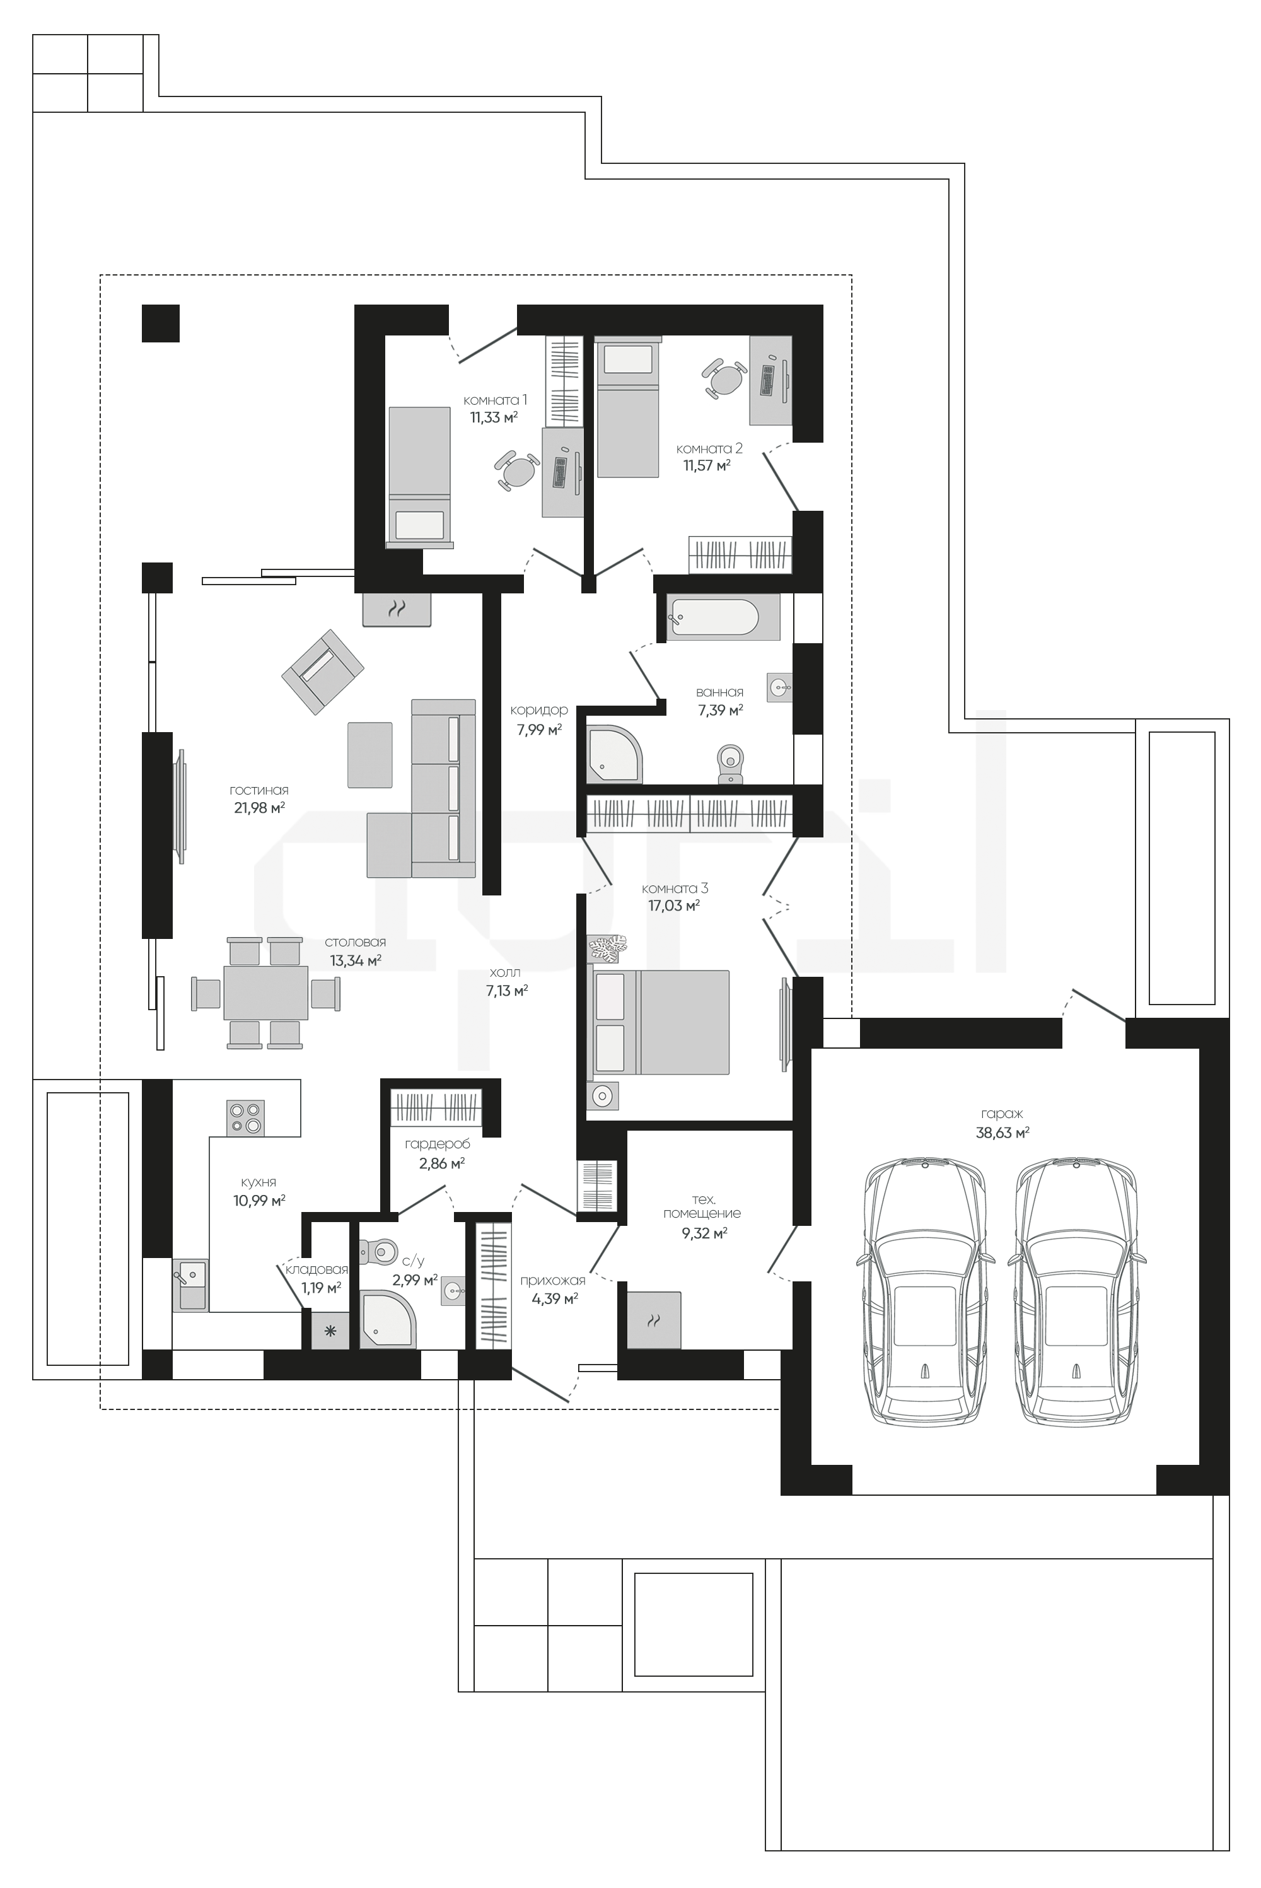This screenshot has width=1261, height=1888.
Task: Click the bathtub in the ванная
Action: click(x=723, y=617)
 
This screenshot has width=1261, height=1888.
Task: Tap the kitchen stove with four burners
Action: click(x=245, y=1117)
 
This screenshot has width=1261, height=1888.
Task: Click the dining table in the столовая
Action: click(x=266, y=993)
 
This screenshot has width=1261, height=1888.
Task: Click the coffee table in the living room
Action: click(x=370, y=755)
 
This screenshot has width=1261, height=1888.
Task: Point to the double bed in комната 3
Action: click(x=661, y=1022)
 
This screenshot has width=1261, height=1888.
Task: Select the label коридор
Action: click(x=539, y=711)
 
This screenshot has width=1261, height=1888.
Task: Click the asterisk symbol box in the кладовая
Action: click(x=330, y=1332)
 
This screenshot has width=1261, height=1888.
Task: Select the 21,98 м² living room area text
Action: click(x=259, y=808)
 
